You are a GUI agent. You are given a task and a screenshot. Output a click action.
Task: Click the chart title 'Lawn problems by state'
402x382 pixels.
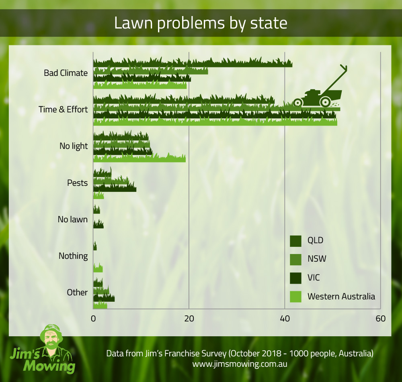(x=201, y=23)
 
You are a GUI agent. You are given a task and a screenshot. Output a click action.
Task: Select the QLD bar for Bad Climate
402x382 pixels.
(x=193, y=63)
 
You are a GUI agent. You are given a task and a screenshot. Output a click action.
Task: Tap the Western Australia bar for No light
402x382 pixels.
(x=139, y=159)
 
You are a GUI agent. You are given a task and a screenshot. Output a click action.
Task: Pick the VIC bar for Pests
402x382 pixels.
(x=115, y=188)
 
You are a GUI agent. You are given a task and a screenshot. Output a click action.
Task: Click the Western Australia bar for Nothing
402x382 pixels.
(x=98, y=269)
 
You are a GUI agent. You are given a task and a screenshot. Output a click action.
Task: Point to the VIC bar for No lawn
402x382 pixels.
(x=98, y=225)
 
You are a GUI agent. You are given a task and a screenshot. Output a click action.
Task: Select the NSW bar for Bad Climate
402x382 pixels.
(x=151, y=71)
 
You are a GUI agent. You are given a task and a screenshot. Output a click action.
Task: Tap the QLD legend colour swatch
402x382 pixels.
(x=295, y=241)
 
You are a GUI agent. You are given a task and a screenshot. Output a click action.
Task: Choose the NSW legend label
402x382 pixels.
(x=317, y=259)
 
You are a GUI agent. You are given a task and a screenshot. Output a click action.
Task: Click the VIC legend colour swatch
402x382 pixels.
(x=295, y=278)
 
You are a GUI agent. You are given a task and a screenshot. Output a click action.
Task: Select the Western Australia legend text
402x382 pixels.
(x=341, y=297)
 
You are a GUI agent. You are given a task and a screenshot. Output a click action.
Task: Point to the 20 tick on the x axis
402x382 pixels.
(x=189, y=319)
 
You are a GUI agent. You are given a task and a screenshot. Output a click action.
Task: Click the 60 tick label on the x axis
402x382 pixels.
(x=380, y=319)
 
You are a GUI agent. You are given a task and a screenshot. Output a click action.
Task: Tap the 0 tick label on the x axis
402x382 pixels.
(x=93, y=319)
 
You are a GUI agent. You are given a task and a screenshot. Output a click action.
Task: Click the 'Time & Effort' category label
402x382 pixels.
(x=63, y=110)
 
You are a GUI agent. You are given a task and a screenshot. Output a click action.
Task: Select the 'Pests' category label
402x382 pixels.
(x=77, y=183)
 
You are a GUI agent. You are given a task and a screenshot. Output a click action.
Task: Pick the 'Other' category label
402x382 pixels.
(x=77, y=293)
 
